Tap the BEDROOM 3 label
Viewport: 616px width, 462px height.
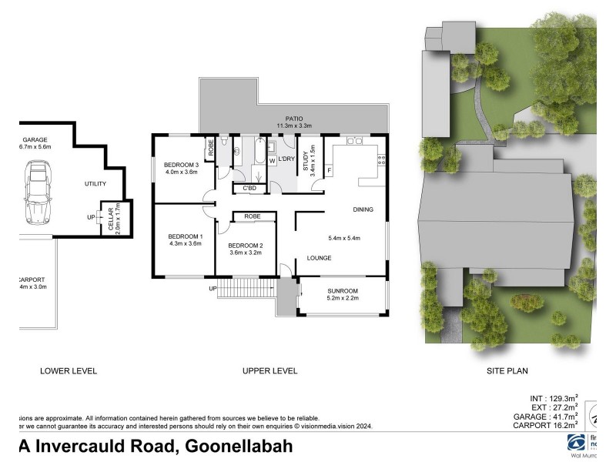182,164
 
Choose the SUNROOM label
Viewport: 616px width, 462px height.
342,291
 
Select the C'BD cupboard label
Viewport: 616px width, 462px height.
249,188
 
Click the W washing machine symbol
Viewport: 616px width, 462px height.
272,160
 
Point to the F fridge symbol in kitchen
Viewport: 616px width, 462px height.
329,169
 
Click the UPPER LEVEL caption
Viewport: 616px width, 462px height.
269,370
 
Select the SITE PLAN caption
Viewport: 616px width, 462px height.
507,370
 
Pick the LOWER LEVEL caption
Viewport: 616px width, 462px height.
69,370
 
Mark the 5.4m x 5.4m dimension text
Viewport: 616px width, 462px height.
344,237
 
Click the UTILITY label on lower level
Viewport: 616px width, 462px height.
95,183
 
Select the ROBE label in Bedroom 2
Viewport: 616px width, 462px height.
252,217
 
